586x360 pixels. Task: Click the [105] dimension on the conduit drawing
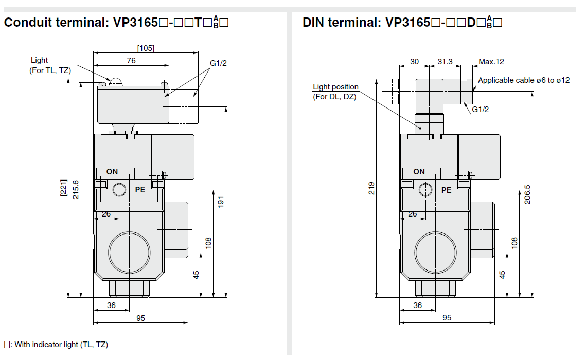pyautogui.click(x=146, y=48)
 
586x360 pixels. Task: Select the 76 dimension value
pyautogui.click(x=131, y=60)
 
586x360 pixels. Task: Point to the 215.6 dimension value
pyautogui.click(x=76, y=190)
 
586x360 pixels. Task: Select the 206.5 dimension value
pyautogui.click(x=527, y=194)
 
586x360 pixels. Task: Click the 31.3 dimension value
pyautogui.click(x=445, y=62)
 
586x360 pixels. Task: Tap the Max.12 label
pyautogui.click(x=491, y=62)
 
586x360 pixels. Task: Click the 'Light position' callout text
pyautogui.click(x=335, y=87)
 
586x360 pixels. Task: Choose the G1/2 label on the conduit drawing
pyautogui.click(x=218, y=63)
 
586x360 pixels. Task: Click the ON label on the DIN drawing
pyautogui.click(x=419, y=172)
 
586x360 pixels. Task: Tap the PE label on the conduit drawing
pyautogui.click(x=140, y=190)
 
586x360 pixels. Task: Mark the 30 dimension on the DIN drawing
pyautogui.click(x=415, y=62)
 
